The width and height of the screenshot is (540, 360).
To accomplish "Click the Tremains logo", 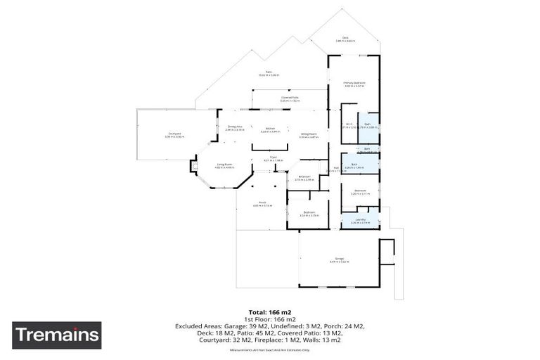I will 56,335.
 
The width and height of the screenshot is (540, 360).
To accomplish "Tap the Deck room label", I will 345,39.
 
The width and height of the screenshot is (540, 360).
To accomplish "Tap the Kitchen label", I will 270,130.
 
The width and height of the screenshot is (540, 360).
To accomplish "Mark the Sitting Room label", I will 308,135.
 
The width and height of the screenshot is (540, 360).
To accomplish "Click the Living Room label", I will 224,166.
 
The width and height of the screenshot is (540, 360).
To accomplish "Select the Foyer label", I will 274,158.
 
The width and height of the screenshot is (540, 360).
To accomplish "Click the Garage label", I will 340,260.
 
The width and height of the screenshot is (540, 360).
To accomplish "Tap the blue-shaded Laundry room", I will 360,221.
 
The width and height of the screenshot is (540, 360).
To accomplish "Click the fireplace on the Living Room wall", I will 193,167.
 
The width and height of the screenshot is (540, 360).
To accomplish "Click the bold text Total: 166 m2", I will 270,311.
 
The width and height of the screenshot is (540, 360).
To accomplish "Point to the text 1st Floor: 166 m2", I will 270,319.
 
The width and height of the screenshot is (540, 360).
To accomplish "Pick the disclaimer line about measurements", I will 270,349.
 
